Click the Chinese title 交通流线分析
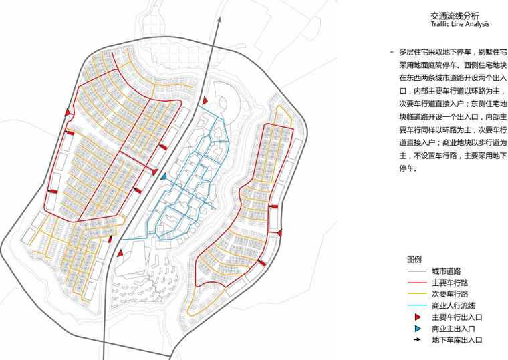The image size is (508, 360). [455, 14]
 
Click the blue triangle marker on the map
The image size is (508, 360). [163, 176]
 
